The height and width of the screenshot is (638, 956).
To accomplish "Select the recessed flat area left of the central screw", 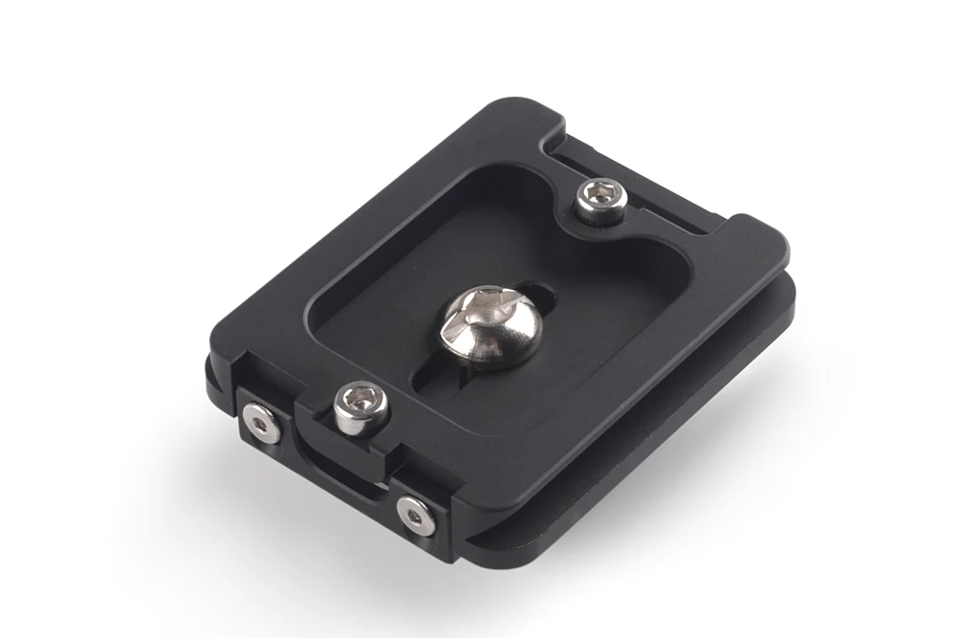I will pyautogui.click(x=382, y=316).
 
